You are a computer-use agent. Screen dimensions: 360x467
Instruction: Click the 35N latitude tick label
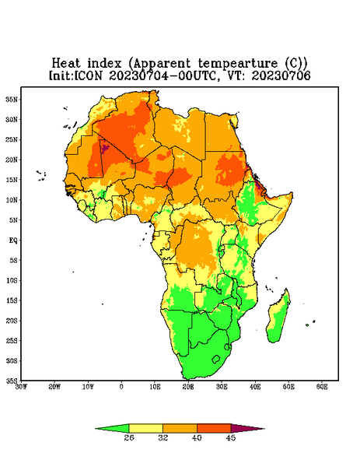(x=12, y=99)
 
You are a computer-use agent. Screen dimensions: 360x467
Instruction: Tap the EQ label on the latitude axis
(x=12, y=240)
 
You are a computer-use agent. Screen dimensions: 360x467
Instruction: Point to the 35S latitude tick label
(x=12, y=381)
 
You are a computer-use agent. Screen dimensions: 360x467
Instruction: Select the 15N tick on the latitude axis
(x=12, y=180)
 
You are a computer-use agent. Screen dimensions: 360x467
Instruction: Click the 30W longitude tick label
(x=21, y=387)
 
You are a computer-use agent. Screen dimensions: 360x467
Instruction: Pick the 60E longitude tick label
(x=322, y=387)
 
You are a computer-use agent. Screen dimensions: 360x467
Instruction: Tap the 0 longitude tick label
(x=121, y=387)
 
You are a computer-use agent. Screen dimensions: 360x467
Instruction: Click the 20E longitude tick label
(x=188, y=387)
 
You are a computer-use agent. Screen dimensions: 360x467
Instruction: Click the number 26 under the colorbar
(x=129, y=437)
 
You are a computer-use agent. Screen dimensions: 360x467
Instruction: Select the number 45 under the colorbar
(x=231, y=437)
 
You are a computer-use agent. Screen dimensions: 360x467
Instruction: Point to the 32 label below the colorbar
(x=163, y=437)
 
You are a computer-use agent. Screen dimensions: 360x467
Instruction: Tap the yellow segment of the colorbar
(x=145, y=428)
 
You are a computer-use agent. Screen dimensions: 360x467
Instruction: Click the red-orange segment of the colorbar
(x=214, y=428)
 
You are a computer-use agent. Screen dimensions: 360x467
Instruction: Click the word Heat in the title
(x=66, y=63)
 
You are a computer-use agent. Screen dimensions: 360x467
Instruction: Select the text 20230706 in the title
(x=281, y=75)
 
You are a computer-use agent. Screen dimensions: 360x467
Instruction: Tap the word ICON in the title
(x=88, y=75)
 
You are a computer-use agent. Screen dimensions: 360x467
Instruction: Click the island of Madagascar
(x=279, y=318)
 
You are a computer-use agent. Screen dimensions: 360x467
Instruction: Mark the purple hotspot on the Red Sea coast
(x=259, y=186)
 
